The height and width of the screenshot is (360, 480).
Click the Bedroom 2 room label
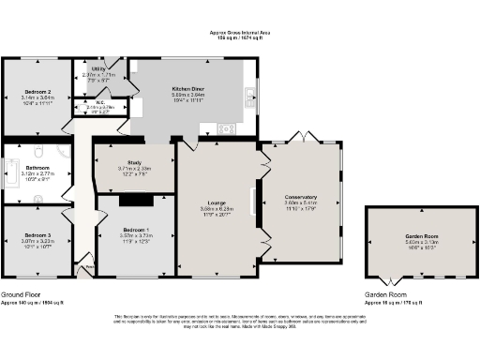pos(37,92)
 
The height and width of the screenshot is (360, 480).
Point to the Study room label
pos(134,161)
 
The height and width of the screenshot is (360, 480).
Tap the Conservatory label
pos(301,198)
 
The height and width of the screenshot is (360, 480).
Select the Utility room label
pos(97,68)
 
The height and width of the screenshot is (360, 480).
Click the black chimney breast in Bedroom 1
pos(138,199)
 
